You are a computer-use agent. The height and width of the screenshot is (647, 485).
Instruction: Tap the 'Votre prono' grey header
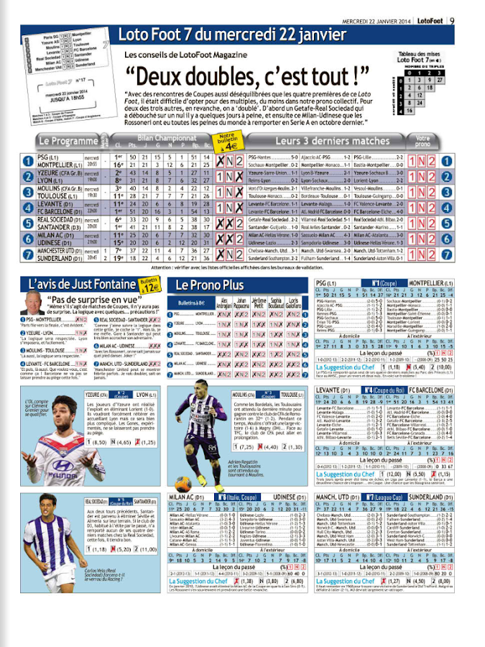click(443, 141)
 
